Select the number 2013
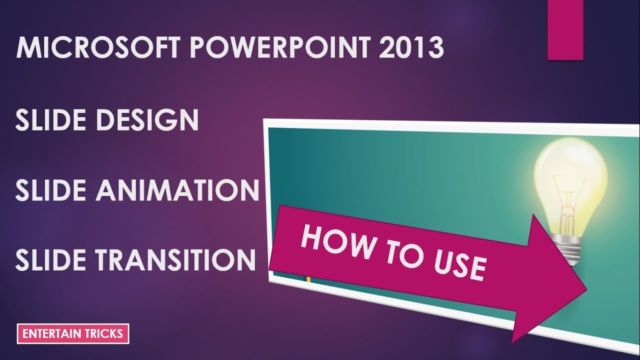point(411,48)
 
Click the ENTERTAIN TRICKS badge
point(73,334)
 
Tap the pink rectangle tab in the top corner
point(565,30)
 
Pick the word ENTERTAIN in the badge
point(50,334)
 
